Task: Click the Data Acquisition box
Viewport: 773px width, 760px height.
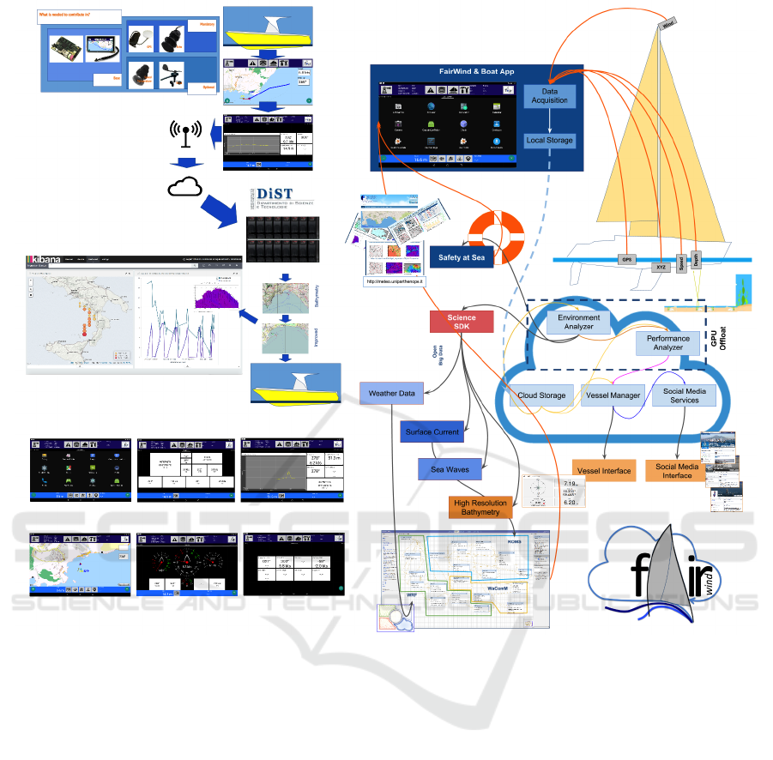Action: (549, 96)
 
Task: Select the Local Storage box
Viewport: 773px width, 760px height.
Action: (549, 140)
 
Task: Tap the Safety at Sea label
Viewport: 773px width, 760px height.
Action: (462, 256)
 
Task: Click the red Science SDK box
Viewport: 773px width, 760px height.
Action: (462, 323)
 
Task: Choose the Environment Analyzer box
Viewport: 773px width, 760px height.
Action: (579, 323)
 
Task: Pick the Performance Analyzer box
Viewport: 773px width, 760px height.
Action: (667, 343)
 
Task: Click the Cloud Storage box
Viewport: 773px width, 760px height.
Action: (542, 395)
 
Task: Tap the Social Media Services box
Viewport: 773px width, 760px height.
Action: (685, 395)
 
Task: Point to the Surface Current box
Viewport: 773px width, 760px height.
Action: (432, 431)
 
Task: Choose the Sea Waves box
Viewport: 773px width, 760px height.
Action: (449, 470)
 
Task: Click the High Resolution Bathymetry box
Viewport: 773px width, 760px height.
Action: (480, 508)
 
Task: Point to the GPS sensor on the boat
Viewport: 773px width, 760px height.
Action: (625, 257)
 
